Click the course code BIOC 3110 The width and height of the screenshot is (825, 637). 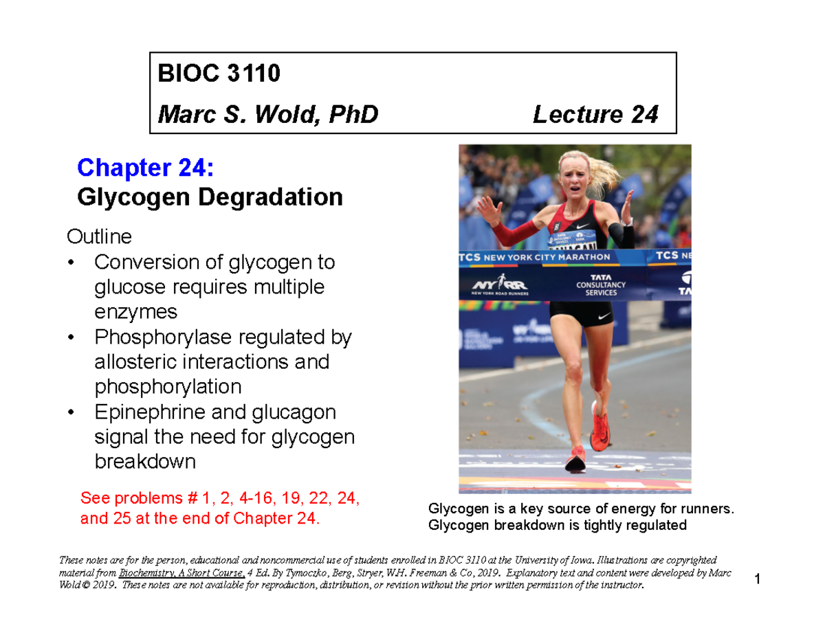(x=219, y=74)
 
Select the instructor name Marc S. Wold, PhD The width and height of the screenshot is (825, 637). (x=268, y=114)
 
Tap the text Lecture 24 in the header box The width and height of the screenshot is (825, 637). (x=595, y=114)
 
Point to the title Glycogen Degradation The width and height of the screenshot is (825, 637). (x=210, y=198)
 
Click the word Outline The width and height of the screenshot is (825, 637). (x=98, y=237)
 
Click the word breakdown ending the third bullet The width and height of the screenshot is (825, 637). (x=144, y=462)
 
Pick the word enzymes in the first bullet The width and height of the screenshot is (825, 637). (x=135, y=312)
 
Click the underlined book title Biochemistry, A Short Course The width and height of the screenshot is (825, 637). (x=181, y=572)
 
